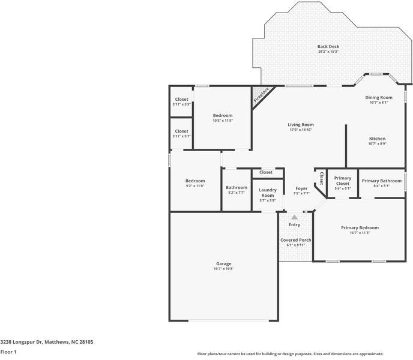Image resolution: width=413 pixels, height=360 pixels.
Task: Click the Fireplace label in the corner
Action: point(261,95)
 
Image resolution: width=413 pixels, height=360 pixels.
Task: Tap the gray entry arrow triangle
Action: point(295,217)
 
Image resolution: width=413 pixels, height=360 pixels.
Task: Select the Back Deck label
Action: point(328,47)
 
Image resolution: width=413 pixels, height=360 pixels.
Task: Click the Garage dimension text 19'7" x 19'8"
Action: point(224,269)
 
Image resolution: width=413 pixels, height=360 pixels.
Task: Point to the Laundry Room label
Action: point(268,193)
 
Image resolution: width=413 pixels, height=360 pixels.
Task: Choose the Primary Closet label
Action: point(343,181)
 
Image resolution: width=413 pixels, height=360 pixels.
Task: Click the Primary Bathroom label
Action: point(382,181)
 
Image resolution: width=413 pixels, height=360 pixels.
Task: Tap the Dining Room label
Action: point(379,98)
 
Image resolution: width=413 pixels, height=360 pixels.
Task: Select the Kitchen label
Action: point(377,139)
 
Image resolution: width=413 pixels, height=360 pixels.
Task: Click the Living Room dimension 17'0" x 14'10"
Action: point(301,130)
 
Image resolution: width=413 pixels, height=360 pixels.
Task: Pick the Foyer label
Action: point(301,188)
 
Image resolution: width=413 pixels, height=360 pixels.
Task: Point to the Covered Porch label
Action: point(296,240)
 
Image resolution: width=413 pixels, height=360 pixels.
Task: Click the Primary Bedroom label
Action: point(360,228)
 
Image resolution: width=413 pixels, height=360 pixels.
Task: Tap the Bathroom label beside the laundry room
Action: point(237,188)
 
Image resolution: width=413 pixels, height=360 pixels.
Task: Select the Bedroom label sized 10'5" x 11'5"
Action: point(223,116)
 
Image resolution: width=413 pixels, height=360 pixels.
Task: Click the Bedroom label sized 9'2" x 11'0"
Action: point(195,181)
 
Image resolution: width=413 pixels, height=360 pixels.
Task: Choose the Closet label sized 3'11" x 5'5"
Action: point(182,99)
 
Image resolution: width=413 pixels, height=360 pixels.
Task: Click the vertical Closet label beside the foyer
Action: point(321,178)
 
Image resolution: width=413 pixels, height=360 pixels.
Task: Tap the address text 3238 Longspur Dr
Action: point(22,342)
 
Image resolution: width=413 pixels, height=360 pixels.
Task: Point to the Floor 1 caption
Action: point(8,352)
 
